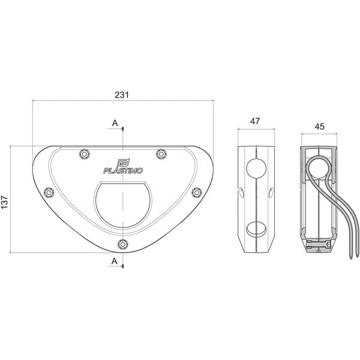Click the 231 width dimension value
122,95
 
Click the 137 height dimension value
5,202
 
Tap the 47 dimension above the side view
255,121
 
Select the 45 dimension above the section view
319,127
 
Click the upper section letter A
115,123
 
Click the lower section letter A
115,261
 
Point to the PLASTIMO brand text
123,170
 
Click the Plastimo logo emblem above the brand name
123,163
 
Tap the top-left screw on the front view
85,154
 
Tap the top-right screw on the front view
161,154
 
